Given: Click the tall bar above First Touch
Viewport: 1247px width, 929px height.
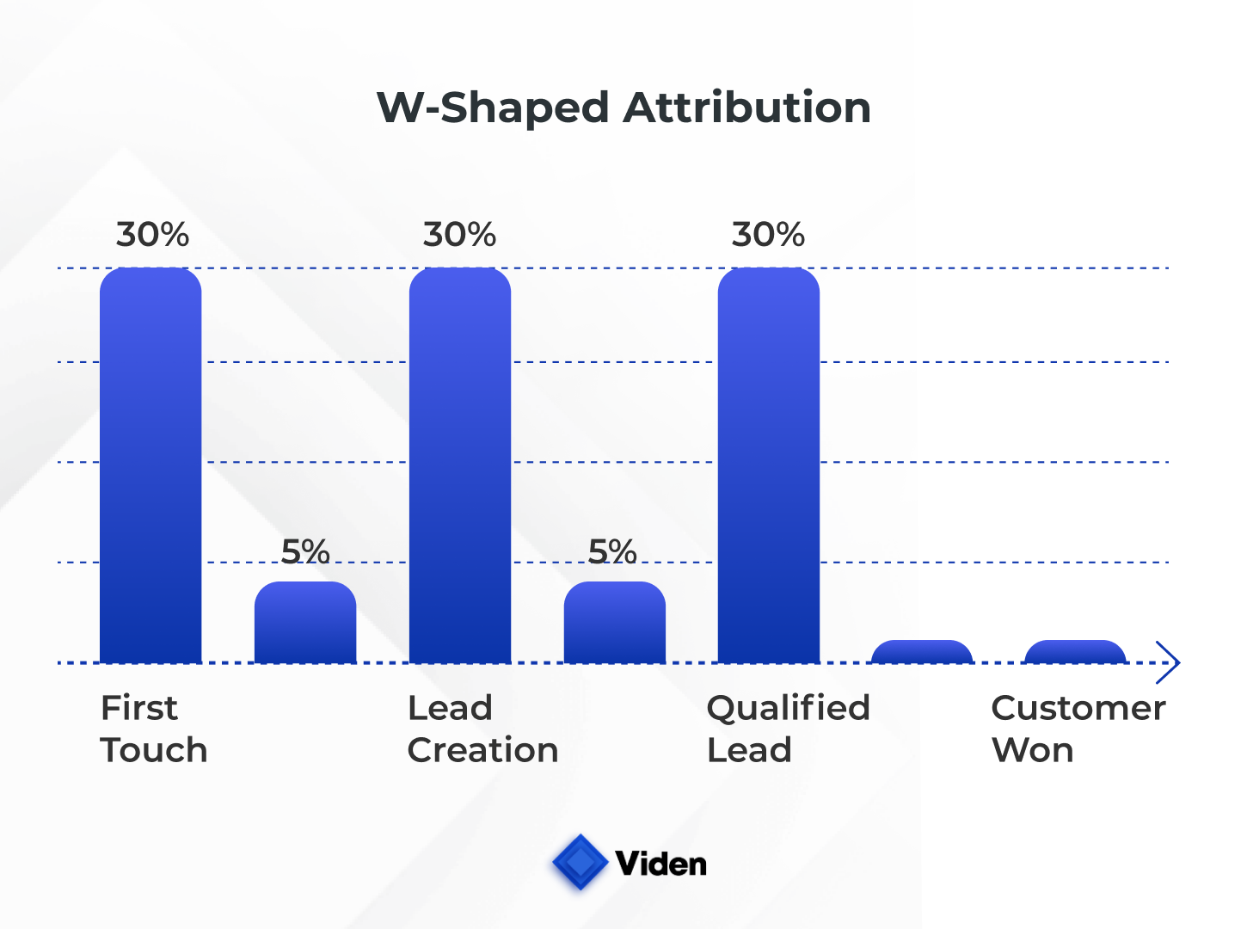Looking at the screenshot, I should click(x=150, y=464).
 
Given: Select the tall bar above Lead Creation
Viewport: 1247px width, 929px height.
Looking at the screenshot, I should click(x=460, y=464).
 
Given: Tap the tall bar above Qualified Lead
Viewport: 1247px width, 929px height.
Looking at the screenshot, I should click(x=769, y=464).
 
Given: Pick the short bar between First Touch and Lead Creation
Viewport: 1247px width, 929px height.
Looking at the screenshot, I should click(x=305, y=622).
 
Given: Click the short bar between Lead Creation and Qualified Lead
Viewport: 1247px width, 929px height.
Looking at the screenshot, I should click(x=614, y=622).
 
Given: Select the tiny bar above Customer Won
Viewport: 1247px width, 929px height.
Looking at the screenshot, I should click(x=1075, y=651).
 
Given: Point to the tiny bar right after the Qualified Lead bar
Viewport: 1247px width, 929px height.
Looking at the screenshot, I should click(x=922, y=651).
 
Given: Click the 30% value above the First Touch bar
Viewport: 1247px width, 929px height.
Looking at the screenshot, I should click(x=152, y=234).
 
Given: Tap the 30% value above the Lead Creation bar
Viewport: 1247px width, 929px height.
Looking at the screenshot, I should click(x=459, y=234).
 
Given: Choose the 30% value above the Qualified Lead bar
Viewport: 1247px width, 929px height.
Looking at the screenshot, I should click(x=768, y=234).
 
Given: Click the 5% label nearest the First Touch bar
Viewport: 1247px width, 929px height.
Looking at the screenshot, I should click(x=305, y=551).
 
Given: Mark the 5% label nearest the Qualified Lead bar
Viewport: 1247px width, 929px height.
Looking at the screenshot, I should click(x=612, y=551).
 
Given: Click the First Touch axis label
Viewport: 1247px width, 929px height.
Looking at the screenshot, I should click(x=154, y=729).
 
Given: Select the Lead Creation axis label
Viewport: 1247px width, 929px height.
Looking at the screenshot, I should click(x=482, y=729).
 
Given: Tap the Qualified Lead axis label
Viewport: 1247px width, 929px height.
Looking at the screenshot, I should click(x=788, y=729).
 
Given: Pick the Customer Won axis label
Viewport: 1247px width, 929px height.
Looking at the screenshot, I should click(x=1078, y=729).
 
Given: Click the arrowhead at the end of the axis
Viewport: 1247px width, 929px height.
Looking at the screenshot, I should click(x=1169, y=662).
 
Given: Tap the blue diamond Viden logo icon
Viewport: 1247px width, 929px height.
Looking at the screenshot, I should click(x=580, y=862).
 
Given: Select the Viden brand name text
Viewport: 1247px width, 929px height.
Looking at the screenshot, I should click(x=660, y=864).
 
